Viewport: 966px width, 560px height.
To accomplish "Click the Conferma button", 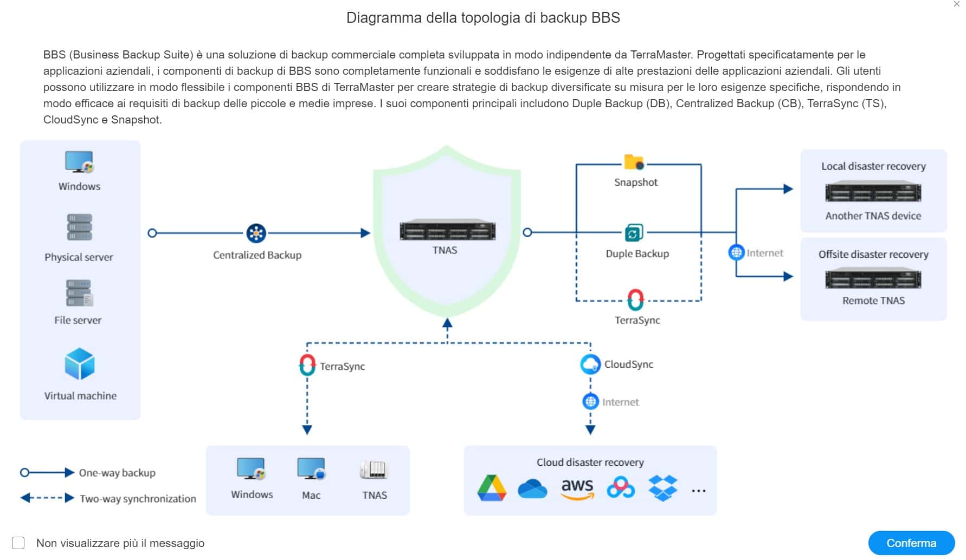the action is (x=911, y=543).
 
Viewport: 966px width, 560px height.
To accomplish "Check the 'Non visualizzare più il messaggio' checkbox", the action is (x=18, y=543).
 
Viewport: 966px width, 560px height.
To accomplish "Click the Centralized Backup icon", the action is (x=256, y=233).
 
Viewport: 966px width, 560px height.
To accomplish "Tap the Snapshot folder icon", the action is (x=634, y=162).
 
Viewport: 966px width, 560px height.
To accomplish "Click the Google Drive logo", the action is (x=492, y=487).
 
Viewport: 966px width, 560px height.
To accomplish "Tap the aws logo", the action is (x=577, y=489).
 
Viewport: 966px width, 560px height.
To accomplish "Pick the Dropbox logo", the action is (x=663, y=488).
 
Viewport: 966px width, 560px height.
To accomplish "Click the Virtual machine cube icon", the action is (x=80, y=364).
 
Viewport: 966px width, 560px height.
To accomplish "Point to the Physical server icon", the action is (x=79, y=227).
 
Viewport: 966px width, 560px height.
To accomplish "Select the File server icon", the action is (x=79, y=293).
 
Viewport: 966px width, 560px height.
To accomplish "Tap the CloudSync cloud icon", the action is (x=590, y=364).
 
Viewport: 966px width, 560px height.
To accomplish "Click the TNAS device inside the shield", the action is (x=447, y=231).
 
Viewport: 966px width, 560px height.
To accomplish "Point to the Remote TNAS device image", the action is (x=873, y=279).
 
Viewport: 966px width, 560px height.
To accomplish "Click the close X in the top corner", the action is (x=957, y=4).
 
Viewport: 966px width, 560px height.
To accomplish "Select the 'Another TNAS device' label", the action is (x=873, y=216).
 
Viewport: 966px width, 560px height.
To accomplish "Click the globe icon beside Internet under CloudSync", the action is (x=590, y=401).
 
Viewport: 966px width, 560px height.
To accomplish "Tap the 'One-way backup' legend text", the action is (x=117, y=473).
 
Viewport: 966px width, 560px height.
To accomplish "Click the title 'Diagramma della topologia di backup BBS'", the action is (x=483, y=18).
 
